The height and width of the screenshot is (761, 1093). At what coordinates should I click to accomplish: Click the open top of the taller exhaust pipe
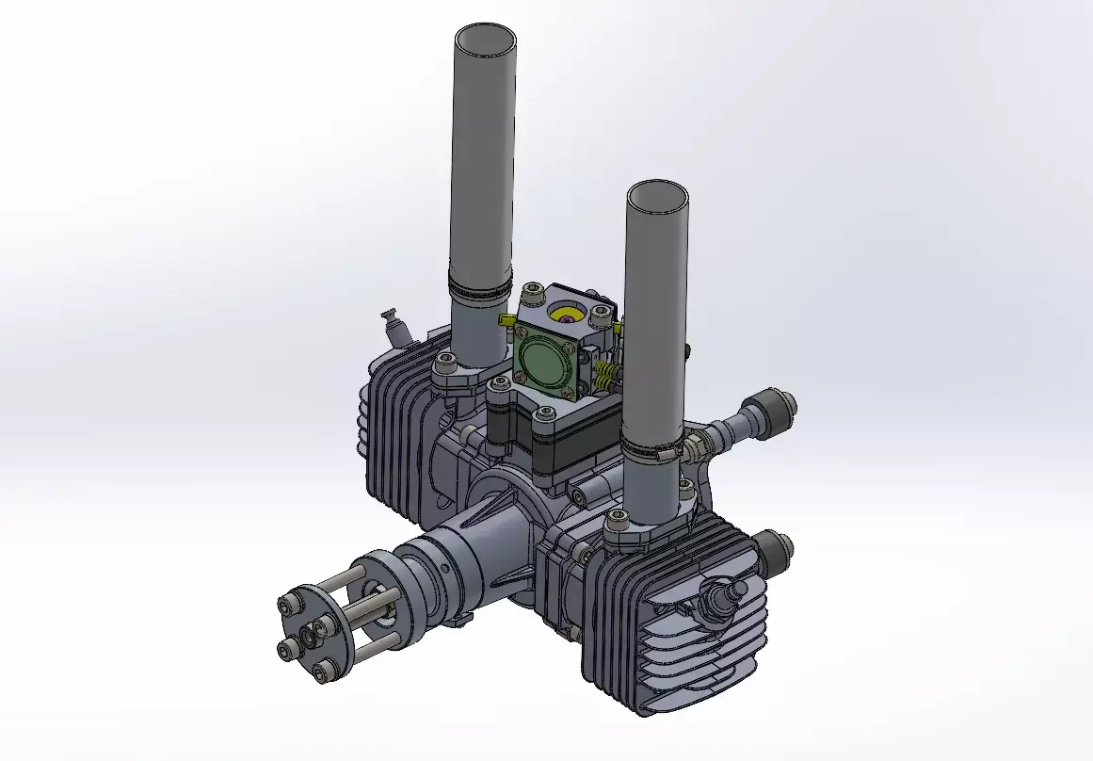pyautogui.click(x=485, y=42)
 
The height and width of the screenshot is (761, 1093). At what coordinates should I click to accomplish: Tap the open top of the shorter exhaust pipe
pyautogui.click(x=656, y=199)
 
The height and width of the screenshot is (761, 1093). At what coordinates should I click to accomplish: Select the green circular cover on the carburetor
pyautogui.click(x=542, y=361)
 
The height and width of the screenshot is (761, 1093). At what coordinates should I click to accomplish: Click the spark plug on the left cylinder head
pyautogui.click(x=393, y=324)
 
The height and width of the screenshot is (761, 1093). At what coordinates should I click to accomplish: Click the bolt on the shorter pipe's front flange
pyautogui.click(x=619, y=517)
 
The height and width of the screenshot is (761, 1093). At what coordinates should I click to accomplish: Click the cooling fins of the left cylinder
pyautogui.click(x=395, y=443)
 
